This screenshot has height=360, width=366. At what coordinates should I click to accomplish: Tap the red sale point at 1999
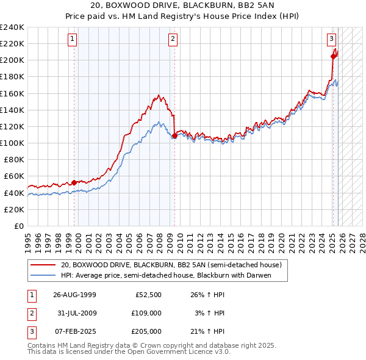point(74,182)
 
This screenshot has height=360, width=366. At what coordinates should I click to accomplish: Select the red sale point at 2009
point(174,135)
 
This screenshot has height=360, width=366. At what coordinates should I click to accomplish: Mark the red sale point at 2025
point(333,56)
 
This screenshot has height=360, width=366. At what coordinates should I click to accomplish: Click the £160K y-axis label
point(12,93)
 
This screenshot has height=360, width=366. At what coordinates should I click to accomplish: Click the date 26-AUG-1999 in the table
point(75,295)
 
